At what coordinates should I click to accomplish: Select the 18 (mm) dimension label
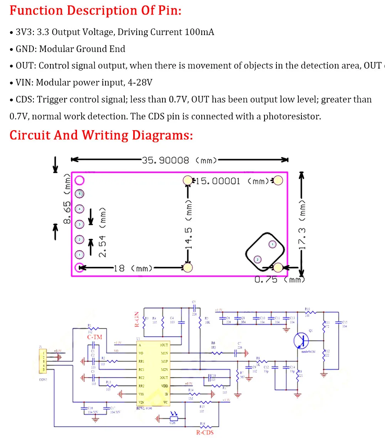click(x=132, y=268)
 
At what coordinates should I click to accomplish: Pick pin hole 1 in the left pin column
click(x=79, y=255)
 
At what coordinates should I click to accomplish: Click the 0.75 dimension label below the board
click(x=266, y=280)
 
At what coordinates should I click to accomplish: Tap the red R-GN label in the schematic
click(x=137, y=319)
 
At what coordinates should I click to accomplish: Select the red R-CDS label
click(x=204, y=433)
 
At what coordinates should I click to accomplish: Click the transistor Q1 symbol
click(x=301, y=340)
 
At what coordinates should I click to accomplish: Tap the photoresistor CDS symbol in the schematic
click(x=173, y=418)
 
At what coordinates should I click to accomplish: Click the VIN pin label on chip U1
click(x=141, y=402)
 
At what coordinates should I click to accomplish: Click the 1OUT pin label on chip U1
click(x=164, y=345)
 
